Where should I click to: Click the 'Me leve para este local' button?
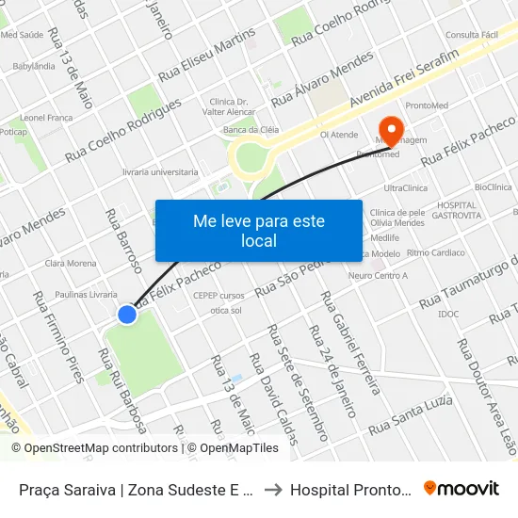click(258, 231)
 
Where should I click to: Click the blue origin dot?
click(127, 315)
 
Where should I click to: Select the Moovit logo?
click(461, 488)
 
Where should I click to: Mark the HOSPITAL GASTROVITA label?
click(459, 210)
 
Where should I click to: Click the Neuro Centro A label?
click(378, 276)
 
